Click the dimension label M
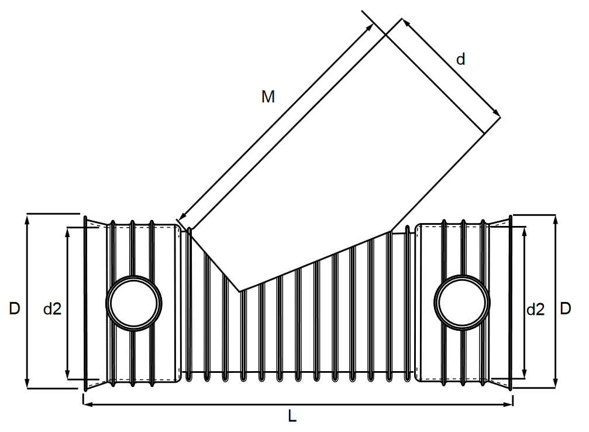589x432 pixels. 267,97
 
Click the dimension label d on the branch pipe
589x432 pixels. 461,59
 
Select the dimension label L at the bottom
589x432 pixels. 292,416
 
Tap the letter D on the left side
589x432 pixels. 15,308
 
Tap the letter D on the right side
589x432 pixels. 565,308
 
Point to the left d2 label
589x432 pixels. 52,309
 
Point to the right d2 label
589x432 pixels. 535,309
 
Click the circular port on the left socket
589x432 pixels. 134,303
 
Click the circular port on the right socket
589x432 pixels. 462,302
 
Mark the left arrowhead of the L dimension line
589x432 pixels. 87,403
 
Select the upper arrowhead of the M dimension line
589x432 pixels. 371,26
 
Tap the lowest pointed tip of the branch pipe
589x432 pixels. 240,291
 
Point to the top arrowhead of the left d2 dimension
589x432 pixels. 68,231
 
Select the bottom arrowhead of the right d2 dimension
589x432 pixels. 524,375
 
